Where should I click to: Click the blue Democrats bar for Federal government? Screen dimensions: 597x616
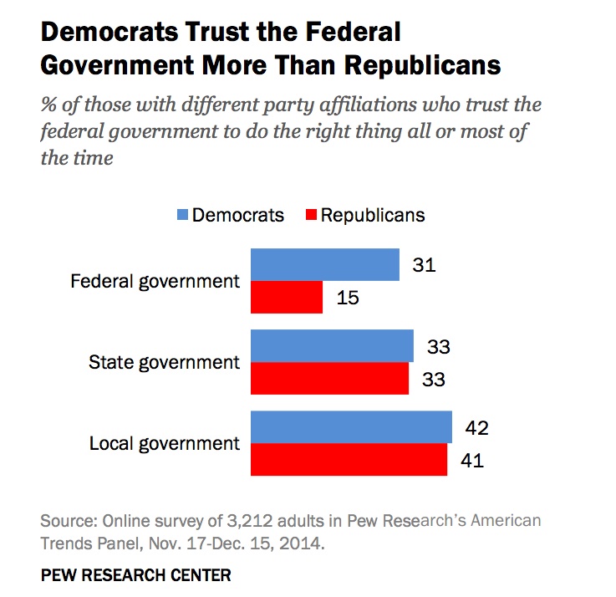click(324, 264)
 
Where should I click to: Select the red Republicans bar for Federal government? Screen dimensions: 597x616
click(287, 297)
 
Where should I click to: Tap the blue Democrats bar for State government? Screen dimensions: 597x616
click(332, 346)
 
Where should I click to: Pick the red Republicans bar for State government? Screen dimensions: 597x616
click(329, 378)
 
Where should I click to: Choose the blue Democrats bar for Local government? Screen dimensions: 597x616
click(351, 427)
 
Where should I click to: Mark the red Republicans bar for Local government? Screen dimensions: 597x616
click(349, 459)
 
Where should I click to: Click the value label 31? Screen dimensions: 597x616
click(425, 265)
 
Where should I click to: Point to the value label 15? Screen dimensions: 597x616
click(347, 298)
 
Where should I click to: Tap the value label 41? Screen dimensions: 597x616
click(472, 460)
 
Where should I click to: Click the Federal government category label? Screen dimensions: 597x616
click(155, 281)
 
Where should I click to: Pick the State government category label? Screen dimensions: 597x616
click(165, 362)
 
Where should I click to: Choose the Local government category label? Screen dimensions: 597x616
click(164, 443)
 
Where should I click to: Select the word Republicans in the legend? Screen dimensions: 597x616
click(373, 216)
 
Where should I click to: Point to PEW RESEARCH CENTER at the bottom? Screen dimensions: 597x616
click(135, 575)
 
